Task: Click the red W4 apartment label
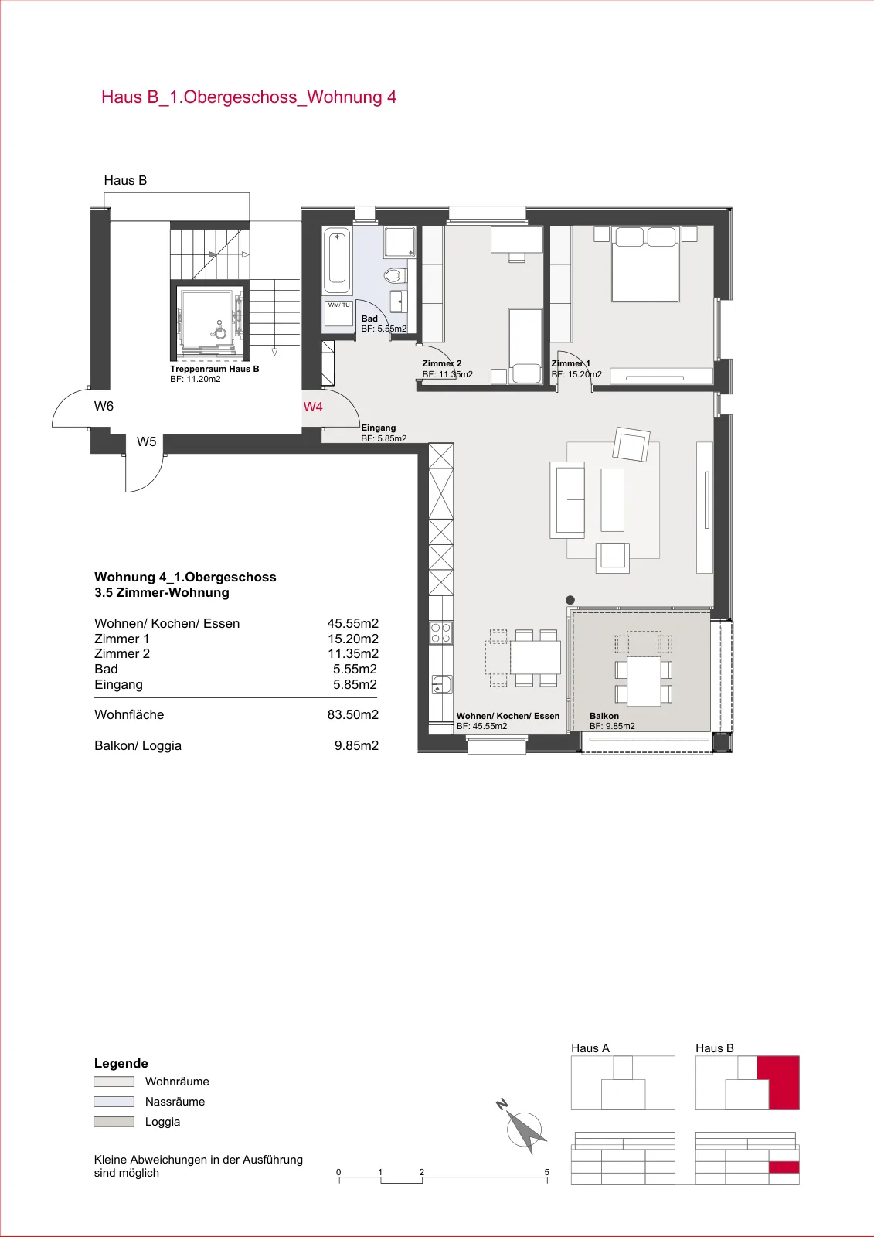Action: point(313,407)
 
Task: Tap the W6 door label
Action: point(104,407)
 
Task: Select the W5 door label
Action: point(146,441)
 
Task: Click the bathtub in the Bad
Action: point(337,262)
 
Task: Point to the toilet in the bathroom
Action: point(396,275)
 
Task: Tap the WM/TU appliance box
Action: point(338,314)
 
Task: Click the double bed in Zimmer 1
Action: point(645,264)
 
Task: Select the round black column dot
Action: point(570,600)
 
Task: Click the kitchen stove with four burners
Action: point(441,633)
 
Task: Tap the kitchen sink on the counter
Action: point(441,685)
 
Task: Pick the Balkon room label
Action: point(604,716)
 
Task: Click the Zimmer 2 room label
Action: point(442,363)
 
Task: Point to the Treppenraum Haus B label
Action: point(214,369)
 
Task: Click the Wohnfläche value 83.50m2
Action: point(353,714)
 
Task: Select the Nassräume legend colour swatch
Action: point(114,1102)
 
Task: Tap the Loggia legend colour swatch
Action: point(114,1122)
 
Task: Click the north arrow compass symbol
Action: point(525,1130)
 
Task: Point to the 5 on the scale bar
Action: point(546,1172)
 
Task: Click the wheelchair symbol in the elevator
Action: point(219,331)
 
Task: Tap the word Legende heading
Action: point(121,1064)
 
